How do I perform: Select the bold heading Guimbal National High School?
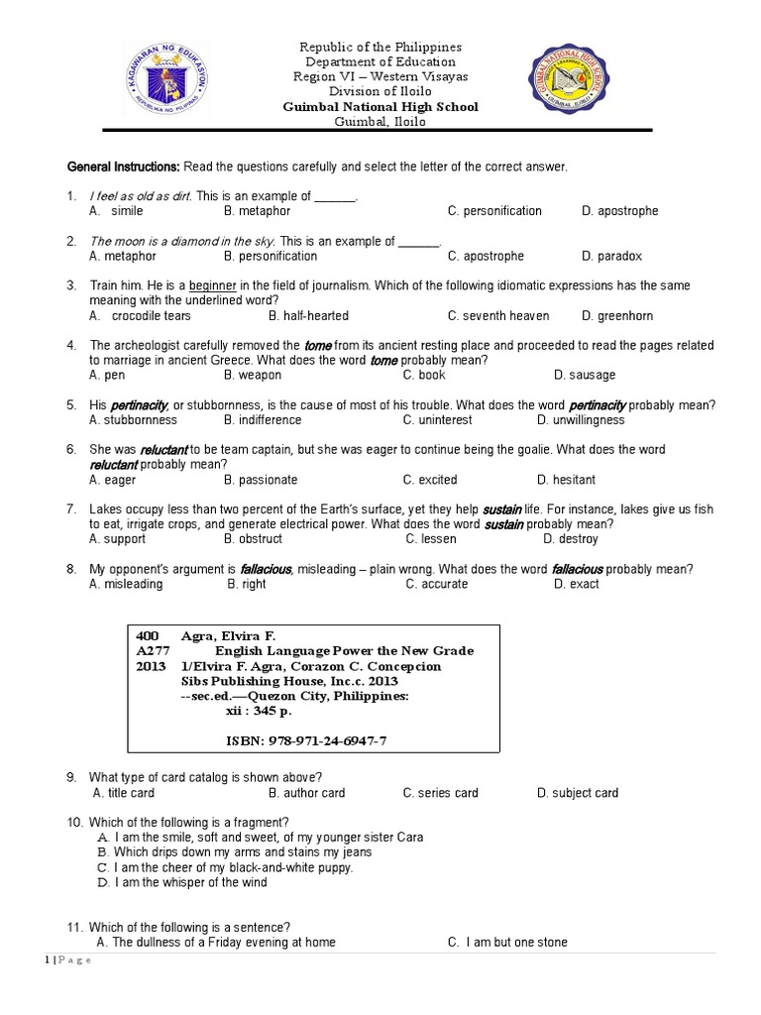[380, 107]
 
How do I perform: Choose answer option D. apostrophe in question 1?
[619, 211]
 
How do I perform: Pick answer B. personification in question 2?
[270, 256]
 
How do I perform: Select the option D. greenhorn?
[619, 316]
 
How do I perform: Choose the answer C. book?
[424, 375]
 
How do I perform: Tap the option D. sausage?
[585, 375]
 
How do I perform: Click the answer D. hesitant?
[574, 480]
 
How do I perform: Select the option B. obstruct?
[253, 539]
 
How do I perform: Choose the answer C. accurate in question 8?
[436, 584]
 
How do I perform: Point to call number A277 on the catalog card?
[153, 651]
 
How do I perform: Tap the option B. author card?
[306, 793]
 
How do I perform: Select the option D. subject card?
[578, 793]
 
